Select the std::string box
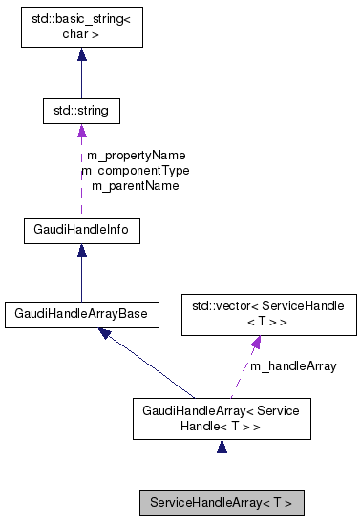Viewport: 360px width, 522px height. (81, 112)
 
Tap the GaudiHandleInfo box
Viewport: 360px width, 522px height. (81, 230)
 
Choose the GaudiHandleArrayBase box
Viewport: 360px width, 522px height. (81, 313)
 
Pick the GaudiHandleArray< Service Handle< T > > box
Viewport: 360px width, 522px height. (222, 420)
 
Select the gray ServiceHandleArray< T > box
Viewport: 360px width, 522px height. (222, 501)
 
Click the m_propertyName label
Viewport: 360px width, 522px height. (136, 155)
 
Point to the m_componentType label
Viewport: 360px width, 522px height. (135, 170)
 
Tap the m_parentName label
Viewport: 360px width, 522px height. (135, 185)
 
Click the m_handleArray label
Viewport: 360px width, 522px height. (293, 365)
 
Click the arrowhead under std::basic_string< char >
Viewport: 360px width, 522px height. (81, 55)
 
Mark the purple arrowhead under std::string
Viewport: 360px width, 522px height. (81, 132)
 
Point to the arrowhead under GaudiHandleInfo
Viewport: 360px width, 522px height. (81, 251)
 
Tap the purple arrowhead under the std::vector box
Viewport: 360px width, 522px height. (256, 343)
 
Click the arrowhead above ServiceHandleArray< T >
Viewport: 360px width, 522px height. (222, 448)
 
